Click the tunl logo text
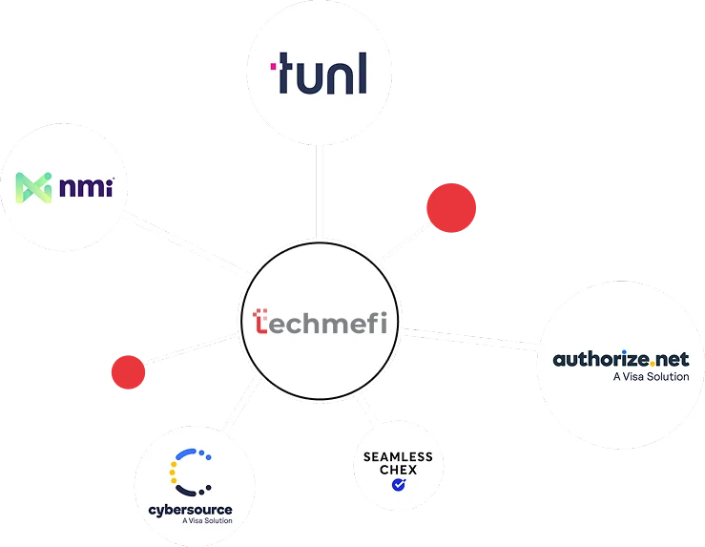pyautogui.click(x=321, y=75)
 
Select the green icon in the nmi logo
pyautogui.click(x=39, y=187)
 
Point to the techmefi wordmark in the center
pyautogui.click(x=321, y=323)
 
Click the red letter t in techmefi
pyautogui.click(x=262, y=322)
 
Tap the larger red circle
pyautogui.click(x=450, y=208)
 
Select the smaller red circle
pyautogui.click(x=128, y=371)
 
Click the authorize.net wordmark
pyautogui.click(x=621, y=360)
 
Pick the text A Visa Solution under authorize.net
pyautogui.click(x=650, y=377)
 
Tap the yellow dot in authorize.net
pyautogui.click(x=654, y=364)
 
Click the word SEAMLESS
pyautogui.click(x=398, y=456)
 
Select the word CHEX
pyautogui.click(x=398, y=470)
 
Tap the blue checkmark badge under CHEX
pyautogui.click(x=398, y=485)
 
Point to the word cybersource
pyautogui.click(x=190, y=510)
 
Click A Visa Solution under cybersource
pyautogui.click(x=206, y=522)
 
